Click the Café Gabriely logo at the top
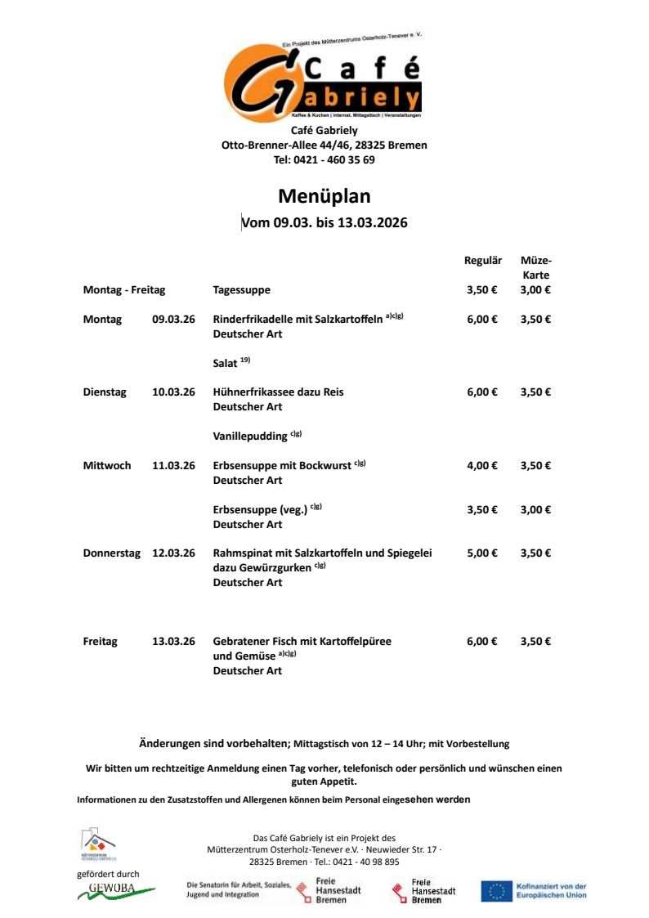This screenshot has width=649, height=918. (324, 80)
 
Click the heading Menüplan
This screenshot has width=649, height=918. (324, 196)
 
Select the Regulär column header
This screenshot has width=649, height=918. (482, 261)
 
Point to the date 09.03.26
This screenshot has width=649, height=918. (173, 320)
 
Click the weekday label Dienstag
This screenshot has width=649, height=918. (105, 392)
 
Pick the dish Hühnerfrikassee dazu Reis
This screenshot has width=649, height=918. (278, 392)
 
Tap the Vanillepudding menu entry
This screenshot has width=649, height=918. (250, 437)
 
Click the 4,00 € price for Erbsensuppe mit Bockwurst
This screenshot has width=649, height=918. (482, 466)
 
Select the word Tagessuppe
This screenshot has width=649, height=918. (241, 290)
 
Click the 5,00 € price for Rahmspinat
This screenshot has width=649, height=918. (482, 553)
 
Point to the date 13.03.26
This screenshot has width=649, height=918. (173, 642)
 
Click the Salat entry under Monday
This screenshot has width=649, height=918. (226, 363)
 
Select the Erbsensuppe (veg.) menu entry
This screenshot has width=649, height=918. (260, 510)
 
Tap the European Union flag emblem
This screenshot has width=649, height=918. (496, 891)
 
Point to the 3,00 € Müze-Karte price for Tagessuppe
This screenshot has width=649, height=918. (535, 290)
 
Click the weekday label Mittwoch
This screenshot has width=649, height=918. (107, 466)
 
